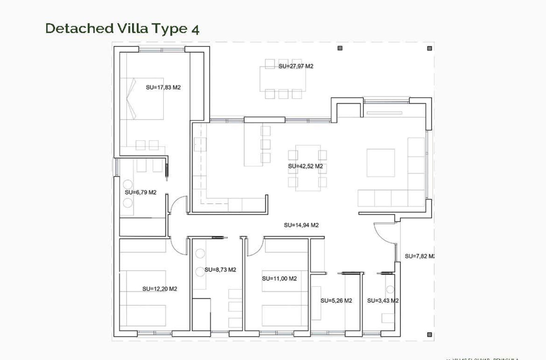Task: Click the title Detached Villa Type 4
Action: tap(122, 29)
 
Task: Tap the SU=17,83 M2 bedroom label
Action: tap(163, 88)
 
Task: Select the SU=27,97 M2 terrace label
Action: tap(296, 66)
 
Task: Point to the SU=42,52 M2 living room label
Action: tap(305, 166)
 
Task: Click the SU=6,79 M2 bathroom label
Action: tap(141, 192)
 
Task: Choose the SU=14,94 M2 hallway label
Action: tap(301, 225)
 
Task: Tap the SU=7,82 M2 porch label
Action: tap(419, 256)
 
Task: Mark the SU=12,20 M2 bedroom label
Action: tap(160, 289)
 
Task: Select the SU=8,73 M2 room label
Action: tap(220, 270)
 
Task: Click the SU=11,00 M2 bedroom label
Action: tap(279, 279)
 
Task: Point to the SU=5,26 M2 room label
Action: tap(336, 301)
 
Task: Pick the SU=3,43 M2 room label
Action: tap(383, 301)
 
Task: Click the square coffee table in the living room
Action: tap(381, 163)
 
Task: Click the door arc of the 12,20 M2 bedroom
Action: tap(179, 247)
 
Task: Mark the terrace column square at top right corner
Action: tap(430, 48)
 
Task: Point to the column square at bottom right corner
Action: tap(430, 335)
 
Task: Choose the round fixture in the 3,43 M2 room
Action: tap(390, 290)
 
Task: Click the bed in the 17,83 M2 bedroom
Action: tap(142, 99)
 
